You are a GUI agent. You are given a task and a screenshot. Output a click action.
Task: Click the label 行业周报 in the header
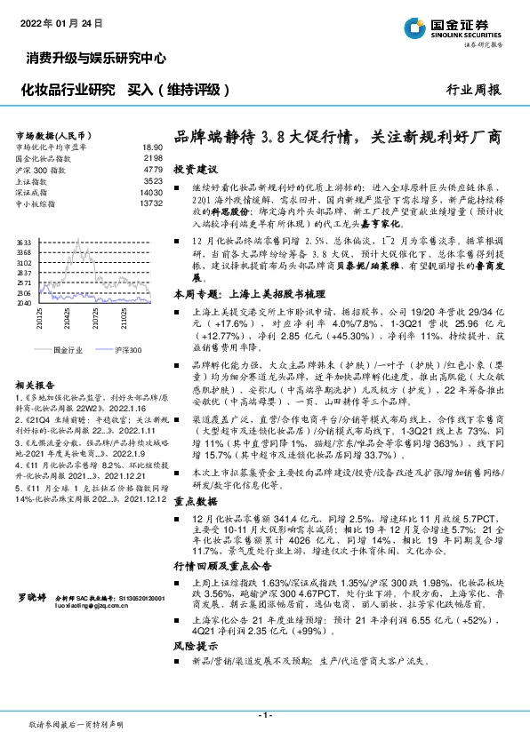(472, 90)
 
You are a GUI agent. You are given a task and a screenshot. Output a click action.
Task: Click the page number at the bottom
(264, 716)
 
